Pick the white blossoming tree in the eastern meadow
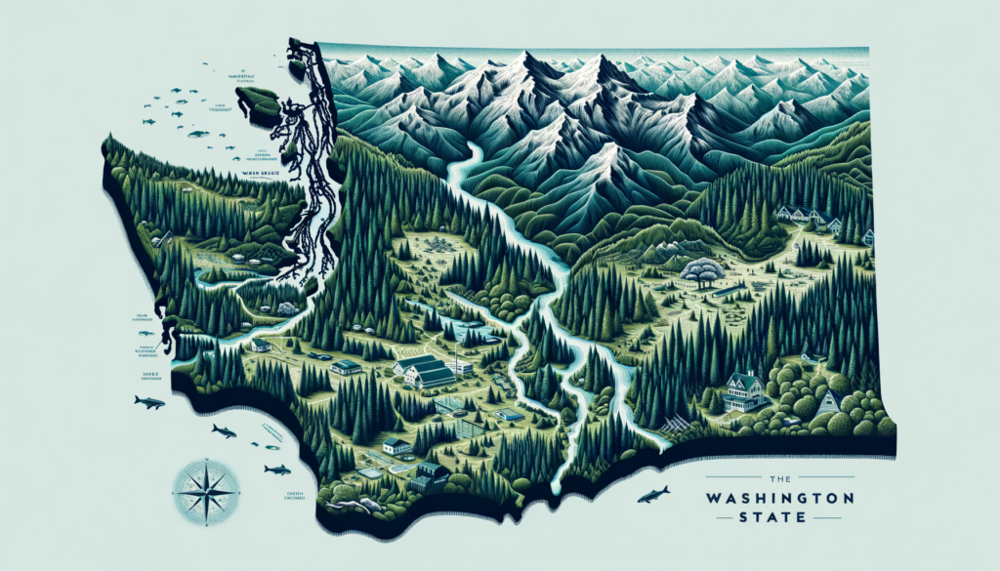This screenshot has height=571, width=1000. tap(704, 270)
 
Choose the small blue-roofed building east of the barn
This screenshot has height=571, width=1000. tap(509, 414)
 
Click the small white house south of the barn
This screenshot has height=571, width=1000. tap(396, 446)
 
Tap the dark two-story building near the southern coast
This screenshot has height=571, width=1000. tap(430, 477)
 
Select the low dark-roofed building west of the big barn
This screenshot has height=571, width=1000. tap(346, 367)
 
